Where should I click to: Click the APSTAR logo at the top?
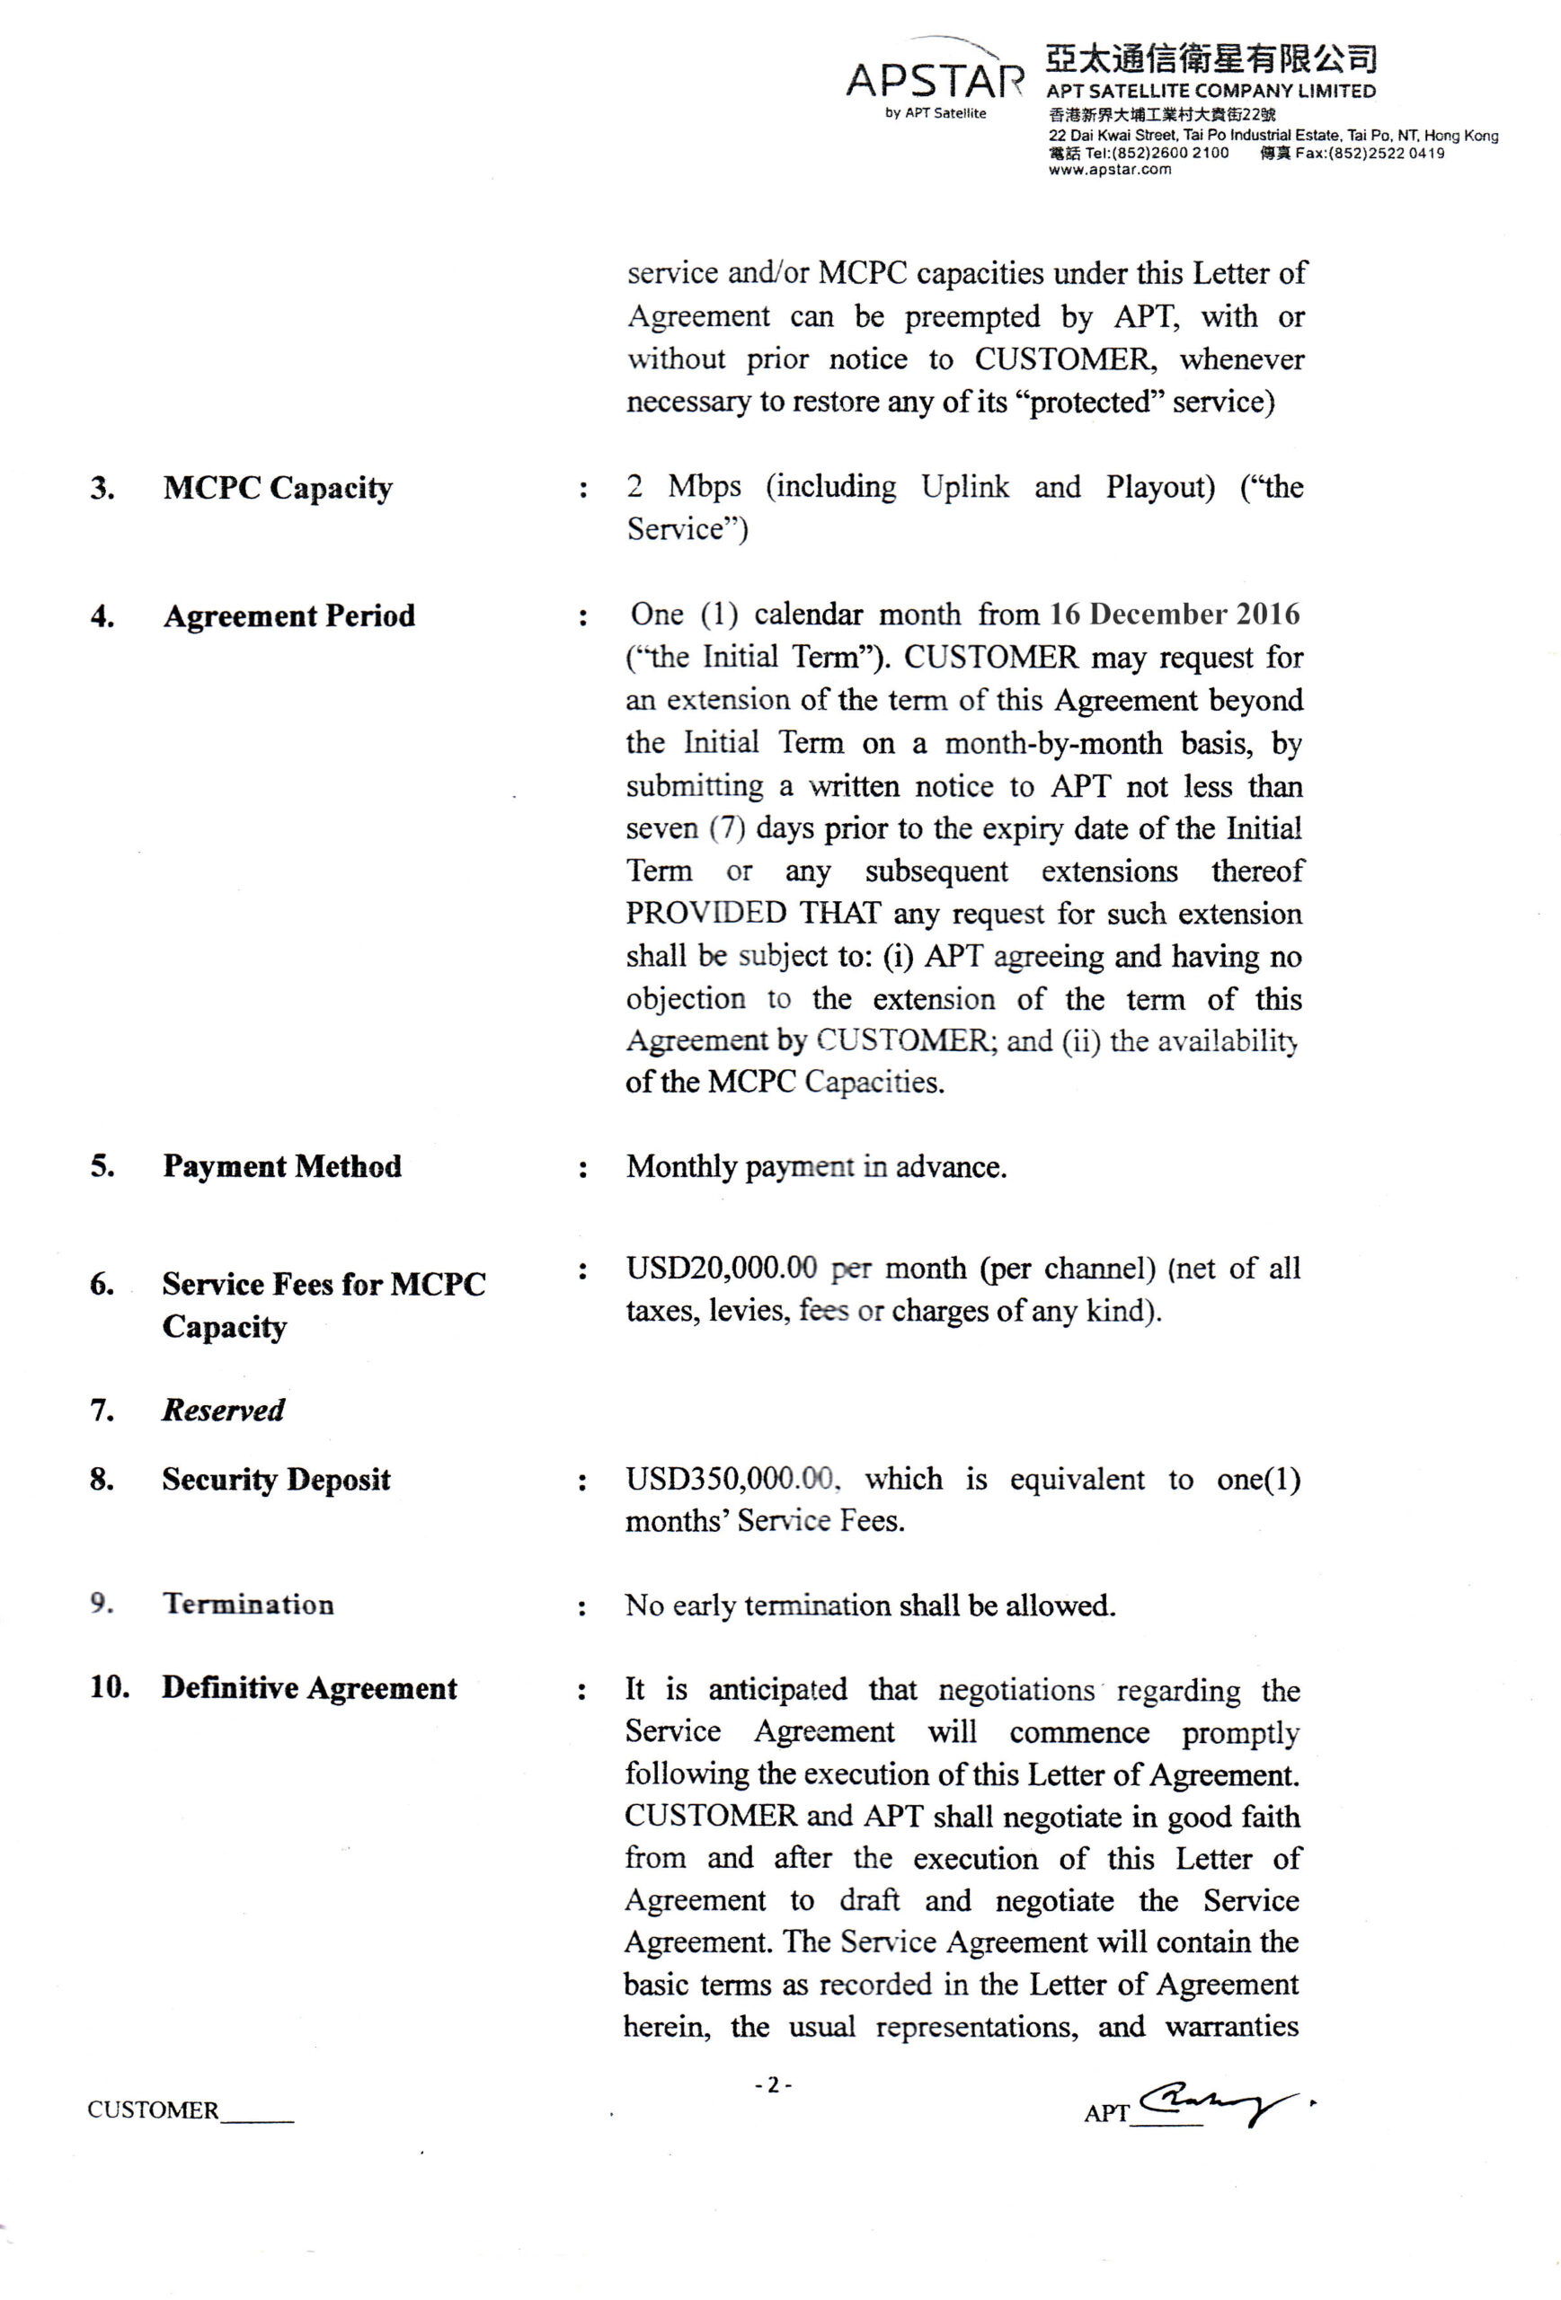(934, 79)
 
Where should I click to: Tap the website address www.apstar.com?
(1109, 169)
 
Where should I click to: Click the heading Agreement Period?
(289, 615)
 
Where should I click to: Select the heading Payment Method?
(282, 1166)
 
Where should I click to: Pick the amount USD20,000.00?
(721, 1268)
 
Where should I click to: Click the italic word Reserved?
(224, 1410)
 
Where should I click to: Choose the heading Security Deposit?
(276, 1479)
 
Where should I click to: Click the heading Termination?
(248, 1604)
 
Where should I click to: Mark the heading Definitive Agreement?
(309, 1687)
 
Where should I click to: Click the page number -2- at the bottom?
(772, 2084)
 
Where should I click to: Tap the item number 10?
(110, 1686)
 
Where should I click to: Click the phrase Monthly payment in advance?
(816, 1167)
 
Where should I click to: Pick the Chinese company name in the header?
(1211, 59)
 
